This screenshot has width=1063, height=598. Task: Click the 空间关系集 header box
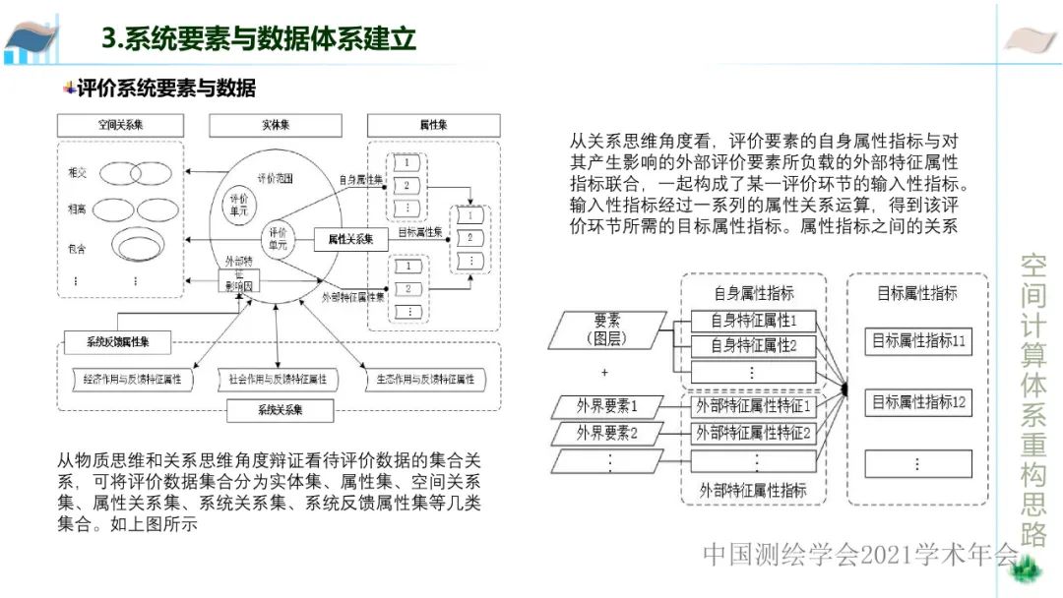click(121, 126)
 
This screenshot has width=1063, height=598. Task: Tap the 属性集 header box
click(433, 126)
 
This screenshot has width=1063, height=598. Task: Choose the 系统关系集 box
click(280, 408)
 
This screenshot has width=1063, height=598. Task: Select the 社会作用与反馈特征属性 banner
click(278, 379)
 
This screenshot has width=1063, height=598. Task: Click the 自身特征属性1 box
click(753, 320)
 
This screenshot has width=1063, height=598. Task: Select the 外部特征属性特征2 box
click(753, 432)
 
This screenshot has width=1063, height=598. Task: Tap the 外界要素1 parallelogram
click(607, 405)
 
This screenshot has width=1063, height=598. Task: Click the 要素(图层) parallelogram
click(607, 329)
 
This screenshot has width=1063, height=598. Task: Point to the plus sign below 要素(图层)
click(604, 373)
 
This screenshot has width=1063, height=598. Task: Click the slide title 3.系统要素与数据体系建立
click(259, 39)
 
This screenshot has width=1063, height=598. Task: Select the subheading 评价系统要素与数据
click(166, 89)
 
